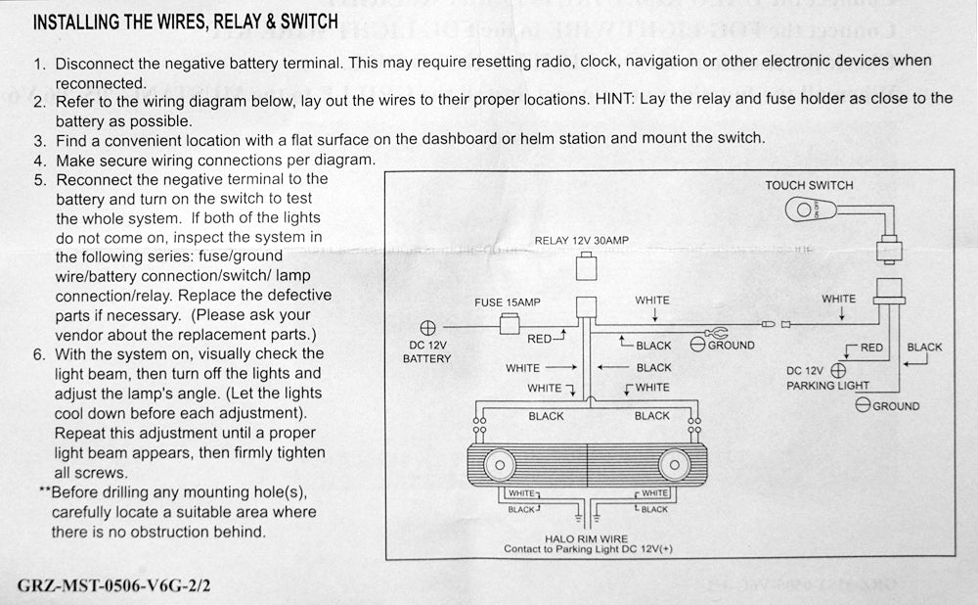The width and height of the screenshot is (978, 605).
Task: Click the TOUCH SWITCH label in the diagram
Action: [x=809, y=185]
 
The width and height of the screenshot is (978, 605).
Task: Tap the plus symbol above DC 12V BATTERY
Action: [x=427, y=328]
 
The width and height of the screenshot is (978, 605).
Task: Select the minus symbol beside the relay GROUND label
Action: [x=698, y=345]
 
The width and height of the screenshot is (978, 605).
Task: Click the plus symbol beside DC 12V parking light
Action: [x=838, y=371]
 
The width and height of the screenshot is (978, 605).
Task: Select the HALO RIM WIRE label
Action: [x=588, y=538]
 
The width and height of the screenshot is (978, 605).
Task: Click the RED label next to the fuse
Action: [x=540, y=340]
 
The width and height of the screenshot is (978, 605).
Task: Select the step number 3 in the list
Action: [x=39, y=138]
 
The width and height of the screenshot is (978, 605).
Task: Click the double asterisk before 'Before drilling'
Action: [x=43, y=492]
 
